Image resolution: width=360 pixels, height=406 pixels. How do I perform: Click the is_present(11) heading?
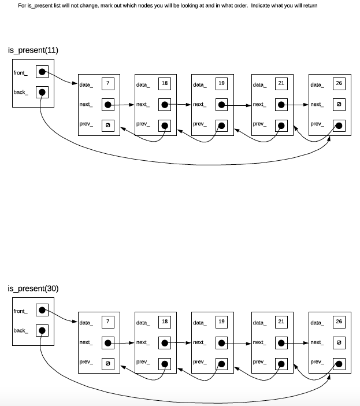click(x=33, y=50)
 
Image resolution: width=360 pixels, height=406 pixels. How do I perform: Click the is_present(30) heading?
click(x=33, y=289)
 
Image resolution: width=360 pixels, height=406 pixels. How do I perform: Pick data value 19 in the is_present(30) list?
click(x=222, y=322)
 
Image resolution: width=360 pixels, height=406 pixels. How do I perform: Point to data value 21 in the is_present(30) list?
click(x=281, y=322)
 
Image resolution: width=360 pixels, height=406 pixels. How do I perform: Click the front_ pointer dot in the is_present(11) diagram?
click(x=42, y=72)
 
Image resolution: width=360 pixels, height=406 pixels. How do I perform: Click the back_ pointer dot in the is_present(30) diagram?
click(x=42, y=331)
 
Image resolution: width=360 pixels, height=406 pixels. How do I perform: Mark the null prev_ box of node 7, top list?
click(x=107, y=125)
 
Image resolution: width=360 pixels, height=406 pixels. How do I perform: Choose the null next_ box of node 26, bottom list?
click(x=339, y=342)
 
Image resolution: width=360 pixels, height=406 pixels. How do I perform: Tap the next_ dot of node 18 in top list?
click(x=165, y=105)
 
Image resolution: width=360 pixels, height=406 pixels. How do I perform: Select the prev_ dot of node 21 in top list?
click(x=281, y=125)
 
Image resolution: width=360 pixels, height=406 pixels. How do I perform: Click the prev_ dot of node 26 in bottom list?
click(x=339, y=364)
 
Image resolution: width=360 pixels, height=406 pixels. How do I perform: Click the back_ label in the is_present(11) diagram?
click(x=20, y=92)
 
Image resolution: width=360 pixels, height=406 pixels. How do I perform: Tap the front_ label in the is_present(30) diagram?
click(x=20, y=311)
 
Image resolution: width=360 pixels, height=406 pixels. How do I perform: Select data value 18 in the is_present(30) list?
click(x=165, y=322)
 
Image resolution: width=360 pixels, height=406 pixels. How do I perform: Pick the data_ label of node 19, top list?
click(x=199, y=84)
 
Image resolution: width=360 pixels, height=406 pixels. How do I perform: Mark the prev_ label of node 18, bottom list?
click(x=143, y=362)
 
